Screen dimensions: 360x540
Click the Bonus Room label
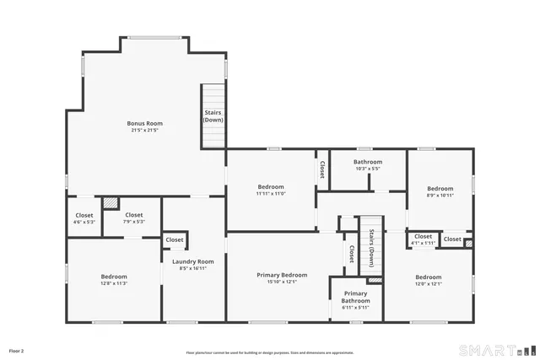145,123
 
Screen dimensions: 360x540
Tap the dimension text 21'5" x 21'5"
145,131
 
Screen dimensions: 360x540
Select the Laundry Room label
193,261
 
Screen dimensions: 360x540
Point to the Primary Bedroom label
282,275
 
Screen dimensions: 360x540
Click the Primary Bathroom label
355,297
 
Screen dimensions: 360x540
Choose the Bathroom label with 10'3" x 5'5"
368,162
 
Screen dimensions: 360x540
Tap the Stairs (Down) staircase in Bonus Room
213,116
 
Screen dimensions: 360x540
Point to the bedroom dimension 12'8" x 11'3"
114,284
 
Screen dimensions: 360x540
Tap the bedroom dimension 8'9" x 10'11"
440,196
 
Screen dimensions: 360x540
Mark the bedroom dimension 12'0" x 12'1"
428,284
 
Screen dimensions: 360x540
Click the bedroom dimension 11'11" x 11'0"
271,194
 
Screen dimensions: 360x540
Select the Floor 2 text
17,350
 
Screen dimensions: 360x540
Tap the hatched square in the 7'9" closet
110,203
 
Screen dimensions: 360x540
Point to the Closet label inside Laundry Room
175,240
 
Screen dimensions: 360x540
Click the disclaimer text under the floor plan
270,352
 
